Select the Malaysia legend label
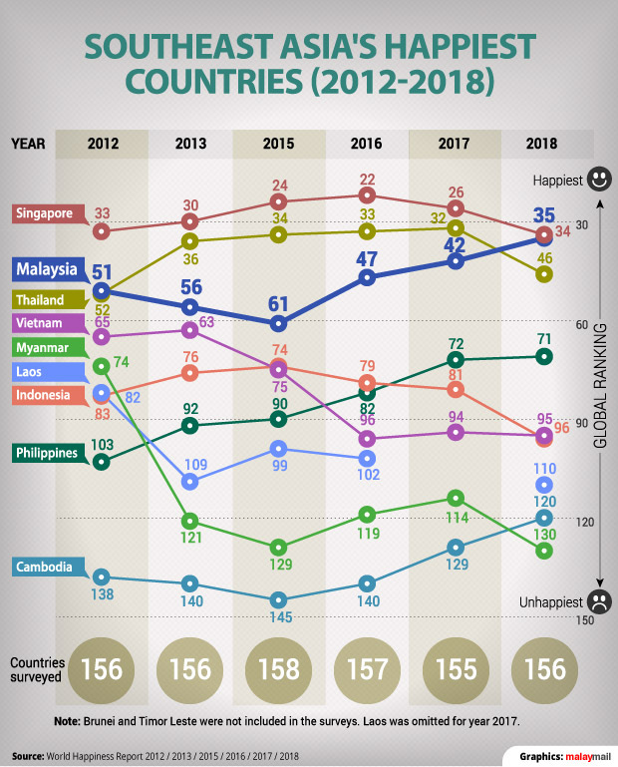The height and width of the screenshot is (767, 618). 46,269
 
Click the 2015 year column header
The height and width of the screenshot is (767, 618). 278,144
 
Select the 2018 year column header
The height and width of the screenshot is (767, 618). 543,144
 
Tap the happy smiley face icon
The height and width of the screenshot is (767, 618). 599,181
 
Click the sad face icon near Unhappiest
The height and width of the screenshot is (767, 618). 599,602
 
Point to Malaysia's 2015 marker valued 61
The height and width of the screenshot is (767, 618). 279,323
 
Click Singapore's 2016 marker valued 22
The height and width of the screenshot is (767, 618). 368,194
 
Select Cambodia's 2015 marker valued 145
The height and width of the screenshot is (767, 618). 279,600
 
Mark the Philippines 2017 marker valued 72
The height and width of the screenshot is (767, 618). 456,359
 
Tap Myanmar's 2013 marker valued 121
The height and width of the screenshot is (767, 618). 190,521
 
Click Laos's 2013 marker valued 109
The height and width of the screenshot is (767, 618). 190,482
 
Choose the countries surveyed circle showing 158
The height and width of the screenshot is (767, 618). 279,668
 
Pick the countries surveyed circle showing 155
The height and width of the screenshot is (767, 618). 456,668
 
